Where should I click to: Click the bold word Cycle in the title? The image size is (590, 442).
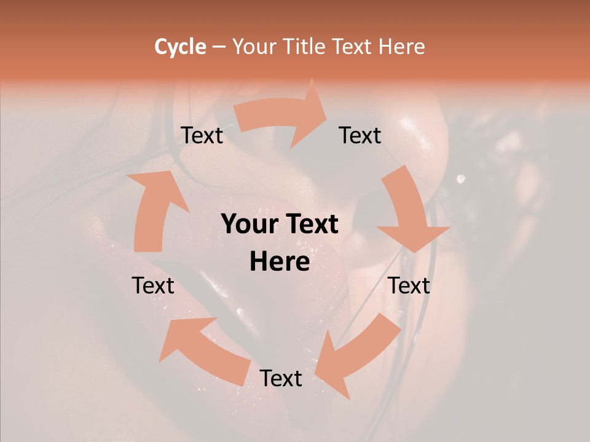180,47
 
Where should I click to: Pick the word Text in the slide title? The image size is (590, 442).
353,47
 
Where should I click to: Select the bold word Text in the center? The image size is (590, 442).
309,224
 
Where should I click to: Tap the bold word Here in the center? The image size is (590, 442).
280,262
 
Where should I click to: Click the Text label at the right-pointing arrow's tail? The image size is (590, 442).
202,135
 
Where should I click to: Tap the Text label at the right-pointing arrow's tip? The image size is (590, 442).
360,135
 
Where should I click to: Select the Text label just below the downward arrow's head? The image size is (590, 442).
409,285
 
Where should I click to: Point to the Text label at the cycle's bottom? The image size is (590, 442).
280,378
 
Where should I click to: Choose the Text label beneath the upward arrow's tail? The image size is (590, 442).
153,285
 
